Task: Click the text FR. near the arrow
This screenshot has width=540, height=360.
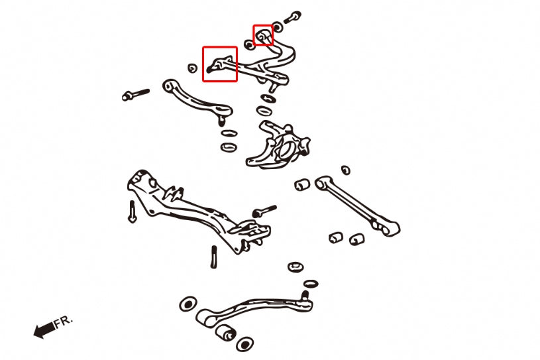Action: tap(64, 322)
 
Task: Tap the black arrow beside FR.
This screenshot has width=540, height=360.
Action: tap(44, 330)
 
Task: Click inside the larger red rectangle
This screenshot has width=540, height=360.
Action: tap(220, 64)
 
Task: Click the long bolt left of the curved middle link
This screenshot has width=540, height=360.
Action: tap(136, 94)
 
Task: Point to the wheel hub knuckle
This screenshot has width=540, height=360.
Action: tap(278, 145)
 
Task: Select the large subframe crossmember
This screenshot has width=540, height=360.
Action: tap(199, 210)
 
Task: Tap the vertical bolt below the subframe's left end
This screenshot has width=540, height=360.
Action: tap(132, 211)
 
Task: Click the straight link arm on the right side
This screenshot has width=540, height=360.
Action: tap(357, 206)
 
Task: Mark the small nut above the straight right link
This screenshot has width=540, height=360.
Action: tap(346, 170)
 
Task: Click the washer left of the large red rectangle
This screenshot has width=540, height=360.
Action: tap(193, 68)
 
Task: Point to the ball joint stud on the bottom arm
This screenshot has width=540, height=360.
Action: tap(305, 296)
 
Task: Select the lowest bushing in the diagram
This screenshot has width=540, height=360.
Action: tap(245, 344)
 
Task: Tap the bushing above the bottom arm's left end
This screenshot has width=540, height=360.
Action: tap(188, 304)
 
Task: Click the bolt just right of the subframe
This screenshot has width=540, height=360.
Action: tap(264, 211)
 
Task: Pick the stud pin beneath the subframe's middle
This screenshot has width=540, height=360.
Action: tap(213, 257)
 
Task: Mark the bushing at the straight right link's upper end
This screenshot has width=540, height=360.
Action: tap(302, 185)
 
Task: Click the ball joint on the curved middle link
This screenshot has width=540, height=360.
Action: tap(221, 118)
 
